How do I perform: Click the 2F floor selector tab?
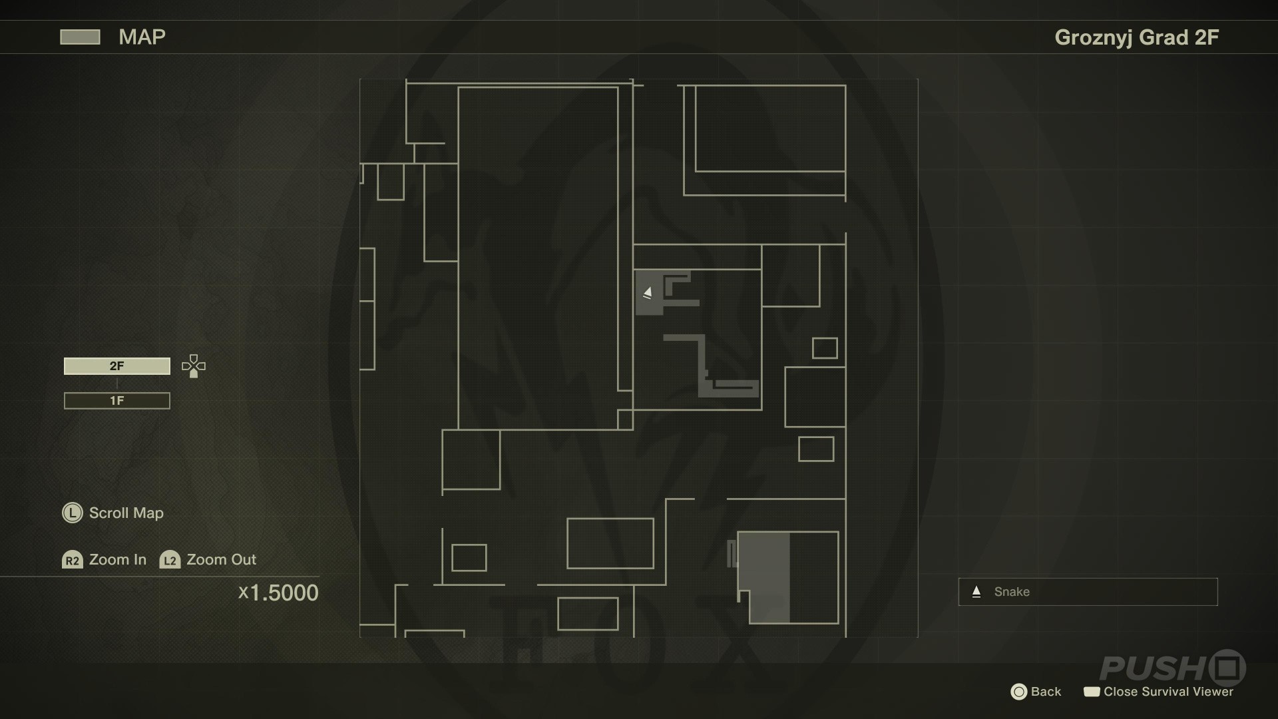click(x=117, y=366)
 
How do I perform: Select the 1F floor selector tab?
click(x=117, y=401)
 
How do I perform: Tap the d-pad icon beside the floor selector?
click(x=194, y=366)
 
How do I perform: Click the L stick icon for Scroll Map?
click(x=72, y=513)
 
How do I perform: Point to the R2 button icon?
click(x=72, y=560)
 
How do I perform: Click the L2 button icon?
click(x=170, y=560)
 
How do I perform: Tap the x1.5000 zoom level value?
click(x=279, y=593)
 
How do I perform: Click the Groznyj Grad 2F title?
click(x=1137, y=37)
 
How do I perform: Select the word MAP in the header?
click(x=142, y=37)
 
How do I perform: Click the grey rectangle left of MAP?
click(x=80, y=37)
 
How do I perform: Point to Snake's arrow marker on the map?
click(x=647, y=292)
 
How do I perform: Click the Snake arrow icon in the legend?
click(x=976, y=592)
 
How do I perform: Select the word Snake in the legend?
click(x=1012, y=592)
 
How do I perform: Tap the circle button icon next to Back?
click(x=1018, y=692)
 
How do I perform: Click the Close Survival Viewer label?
click(x=1168, y=692)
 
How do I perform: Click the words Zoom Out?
click(x=221, y=560)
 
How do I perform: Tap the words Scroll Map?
click(x=126, y=513)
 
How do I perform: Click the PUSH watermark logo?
click(x=1173, y=668)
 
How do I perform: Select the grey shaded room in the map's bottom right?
click(x=764, y=577)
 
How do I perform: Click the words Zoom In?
click(x=118, y=560)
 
